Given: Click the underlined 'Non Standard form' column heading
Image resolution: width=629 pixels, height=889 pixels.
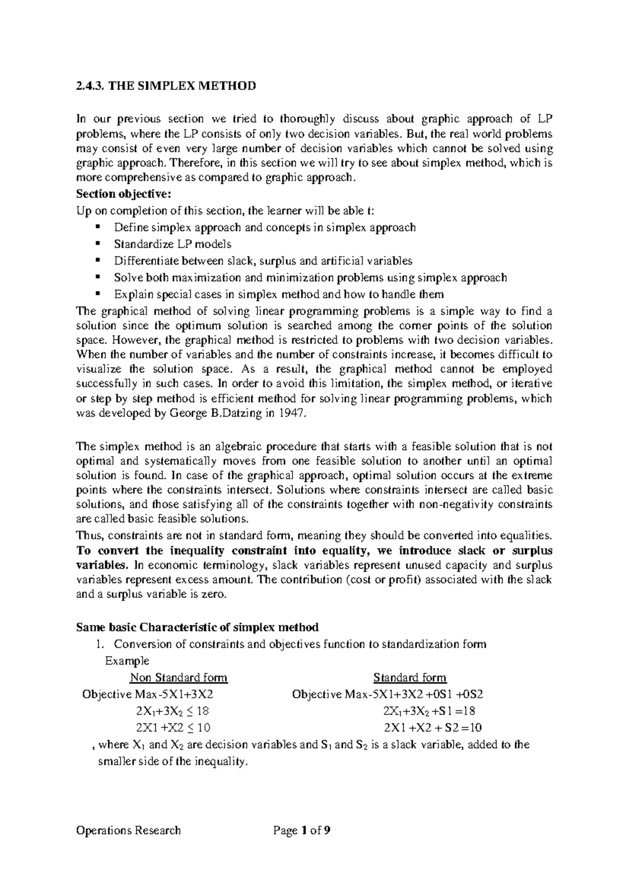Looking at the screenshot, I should tap(179, 678).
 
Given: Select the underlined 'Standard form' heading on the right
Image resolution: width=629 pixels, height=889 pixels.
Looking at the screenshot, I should tap(410, 678).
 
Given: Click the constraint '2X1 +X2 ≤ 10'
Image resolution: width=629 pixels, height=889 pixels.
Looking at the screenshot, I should tap(173, 728).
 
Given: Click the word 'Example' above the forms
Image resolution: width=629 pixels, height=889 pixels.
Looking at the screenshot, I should tap(127, 661).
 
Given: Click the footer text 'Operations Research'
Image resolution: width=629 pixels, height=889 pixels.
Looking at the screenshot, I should tap(128, 830).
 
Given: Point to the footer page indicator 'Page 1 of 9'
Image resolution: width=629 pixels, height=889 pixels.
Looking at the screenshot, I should tap(302, 830).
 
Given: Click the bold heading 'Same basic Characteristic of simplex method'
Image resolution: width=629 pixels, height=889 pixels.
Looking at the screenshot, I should tap(197, 627).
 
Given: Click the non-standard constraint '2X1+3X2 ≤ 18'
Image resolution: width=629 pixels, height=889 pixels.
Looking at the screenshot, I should tap(173, 711).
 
